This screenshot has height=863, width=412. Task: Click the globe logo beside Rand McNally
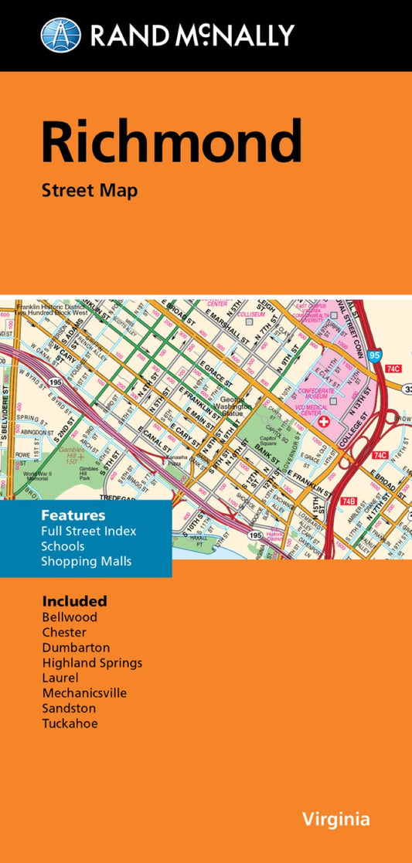click(60, 35)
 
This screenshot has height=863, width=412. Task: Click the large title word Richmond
click(171, 143)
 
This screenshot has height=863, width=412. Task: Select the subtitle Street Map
click(90, 190)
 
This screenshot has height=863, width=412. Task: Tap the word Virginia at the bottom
click(336, 819)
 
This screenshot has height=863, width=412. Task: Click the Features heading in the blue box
click(74, 515)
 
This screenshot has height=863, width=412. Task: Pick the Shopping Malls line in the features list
click(87, 561)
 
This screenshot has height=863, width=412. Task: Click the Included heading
click(74, 600)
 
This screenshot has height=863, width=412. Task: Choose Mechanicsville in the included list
click(84, 693)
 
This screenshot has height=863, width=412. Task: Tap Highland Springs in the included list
click(92, 662)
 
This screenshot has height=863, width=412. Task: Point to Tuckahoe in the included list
click(70, 723)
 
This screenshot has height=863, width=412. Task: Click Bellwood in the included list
click(70, 617)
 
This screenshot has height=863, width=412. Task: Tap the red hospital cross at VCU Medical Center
click(323, 423)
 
